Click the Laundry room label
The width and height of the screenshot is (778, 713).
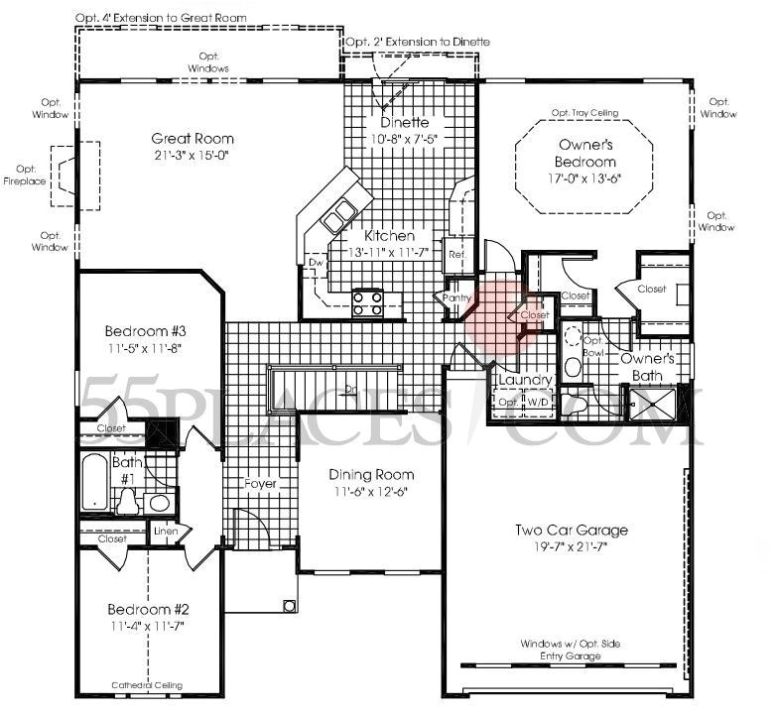pos(517,379)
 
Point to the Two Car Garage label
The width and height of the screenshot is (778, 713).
pos(570,530)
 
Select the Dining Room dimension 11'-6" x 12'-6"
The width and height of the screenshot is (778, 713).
pos(370,492)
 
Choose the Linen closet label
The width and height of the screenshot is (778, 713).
pos(166,531)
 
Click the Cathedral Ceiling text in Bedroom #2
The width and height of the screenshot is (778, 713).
pos(146,684)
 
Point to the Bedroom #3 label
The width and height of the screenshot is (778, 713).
pos(146,331)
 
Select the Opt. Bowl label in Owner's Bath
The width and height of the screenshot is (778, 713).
pos(592,346)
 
